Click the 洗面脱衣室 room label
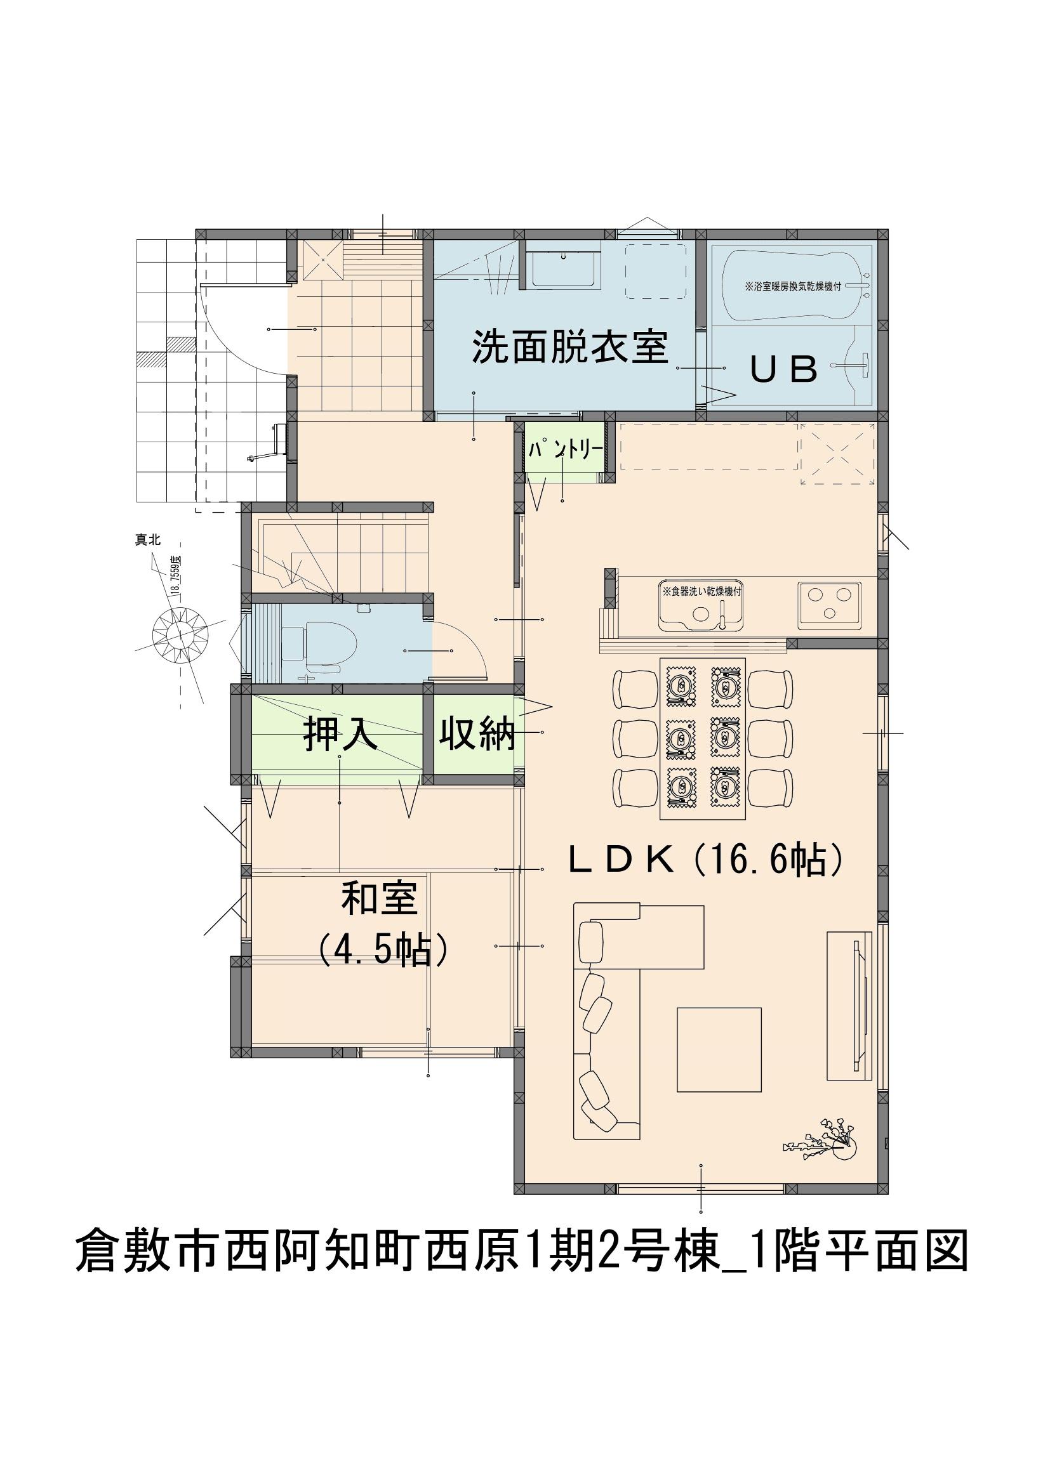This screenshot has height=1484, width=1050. (x=569, y=346)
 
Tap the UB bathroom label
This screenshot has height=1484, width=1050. (x=783, y=370)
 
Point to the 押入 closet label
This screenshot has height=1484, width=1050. (x=341, y=735)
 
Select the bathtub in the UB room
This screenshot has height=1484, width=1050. (x=797, y=286)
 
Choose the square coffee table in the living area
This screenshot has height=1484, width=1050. (x=719, y=1049)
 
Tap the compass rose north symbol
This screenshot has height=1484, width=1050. (x=179, y=633)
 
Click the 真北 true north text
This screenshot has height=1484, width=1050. (x=147, y=541)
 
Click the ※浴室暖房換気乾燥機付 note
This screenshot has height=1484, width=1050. (x=794, y=286)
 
